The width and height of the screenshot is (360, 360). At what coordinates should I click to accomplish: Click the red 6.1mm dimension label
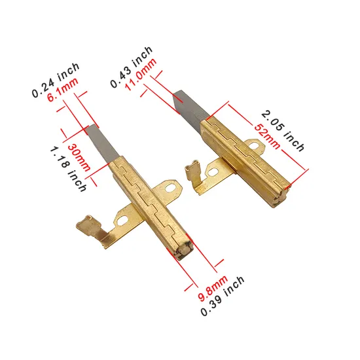pos(63,90)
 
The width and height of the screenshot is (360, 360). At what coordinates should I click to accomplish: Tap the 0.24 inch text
pos(56,80)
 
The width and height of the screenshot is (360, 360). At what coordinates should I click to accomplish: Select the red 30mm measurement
pos(79,158)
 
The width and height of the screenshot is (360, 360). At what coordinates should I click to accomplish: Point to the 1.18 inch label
pos(68,170)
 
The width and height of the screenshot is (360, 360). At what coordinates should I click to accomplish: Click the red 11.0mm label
pos(141,74)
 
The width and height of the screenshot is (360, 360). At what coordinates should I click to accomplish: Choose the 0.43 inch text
pos(132,67)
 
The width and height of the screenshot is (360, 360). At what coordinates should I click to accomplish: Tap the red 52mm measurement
pos(267,136)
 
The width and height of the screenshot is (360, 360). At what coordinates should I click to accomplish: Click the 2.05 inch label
pos(283,131)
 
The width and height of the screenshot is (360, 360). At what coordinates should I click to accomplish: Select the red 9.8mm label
pos(213,288)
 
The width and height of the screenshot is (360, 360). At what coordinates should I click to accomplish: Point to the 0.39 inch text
pos(223,296)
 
